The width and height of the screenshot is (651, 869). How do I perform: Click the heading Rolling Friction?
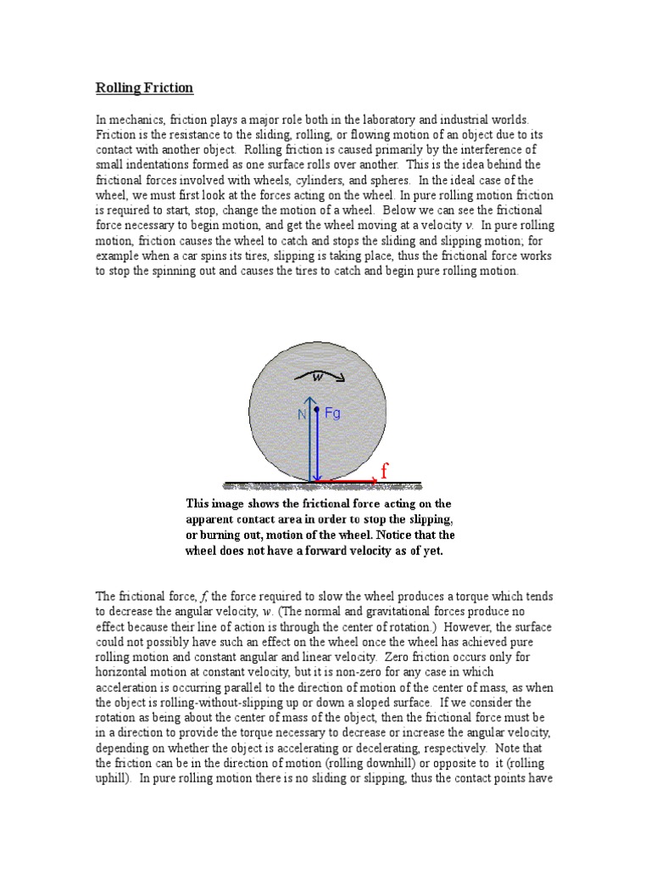pyautogui.click(x=144, y=87)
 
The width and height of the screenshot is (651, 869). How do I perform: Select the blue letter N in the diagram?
pyautogui.click(x=301, y=415)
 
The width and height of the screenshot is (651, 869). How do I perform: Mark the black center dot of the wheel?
pyautogui.click(x=316, y=410)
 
